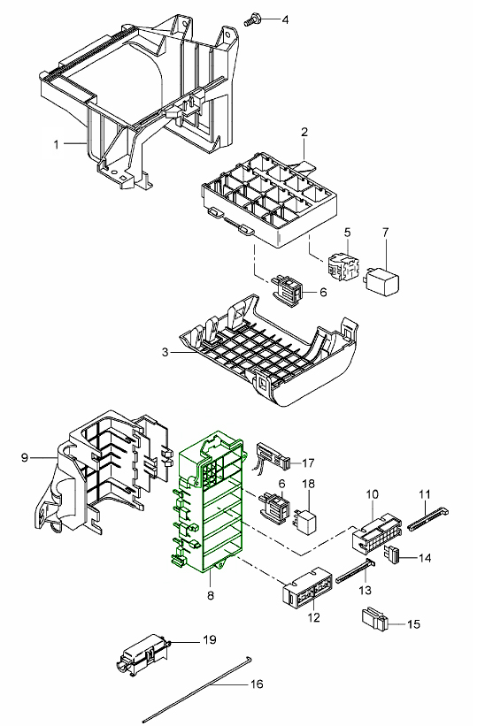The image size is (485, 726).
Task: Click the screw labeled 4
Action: click(252, 19)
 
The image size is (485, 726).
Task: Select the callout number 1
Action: click(57, 144)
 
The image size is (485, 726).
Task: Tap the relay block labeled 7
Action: click(382, 279)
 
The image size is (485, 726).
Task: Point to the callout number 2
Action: click(304, 132)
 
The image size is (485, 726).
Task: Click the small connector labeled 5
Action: click(343, 267)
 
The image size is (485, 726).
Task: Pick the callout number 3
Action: click(165, 352)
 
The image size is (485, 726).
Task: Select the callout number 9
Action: click(25, 457)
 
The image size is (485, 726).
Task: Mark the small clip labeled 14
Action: click(391, 555)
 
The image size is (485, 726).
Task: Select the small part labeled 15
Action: click(373, 619)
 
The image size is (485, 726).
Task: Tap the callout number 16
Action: click(257, 684)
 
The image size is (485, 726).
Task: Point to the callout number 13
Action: click(366, 591)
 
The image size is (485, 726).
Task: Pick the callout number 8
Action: click(211, 595)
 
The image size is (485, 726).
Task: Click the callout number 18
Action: click(309, 484)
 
